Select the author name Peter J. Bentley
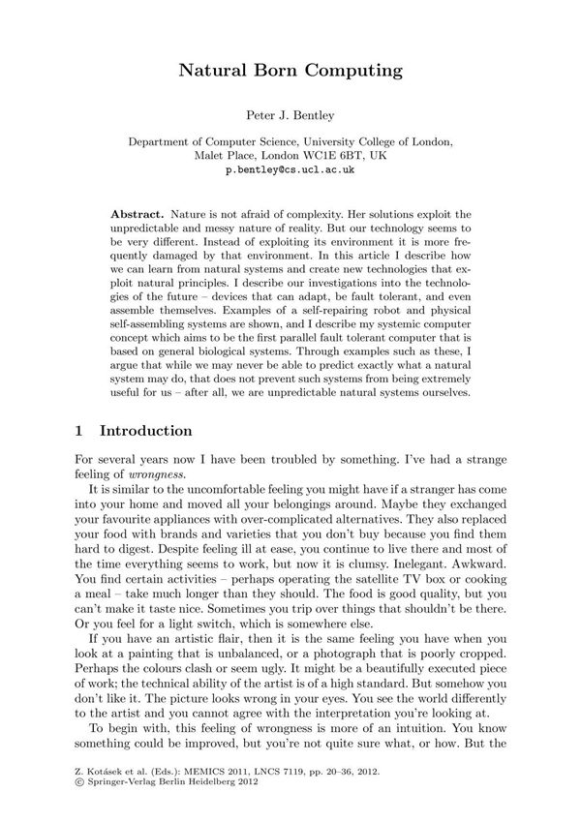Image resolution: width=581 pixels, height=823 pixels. [290, 116]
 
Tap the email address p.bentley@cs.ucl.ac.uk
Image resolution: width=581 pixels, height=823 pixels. [290, 168]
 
